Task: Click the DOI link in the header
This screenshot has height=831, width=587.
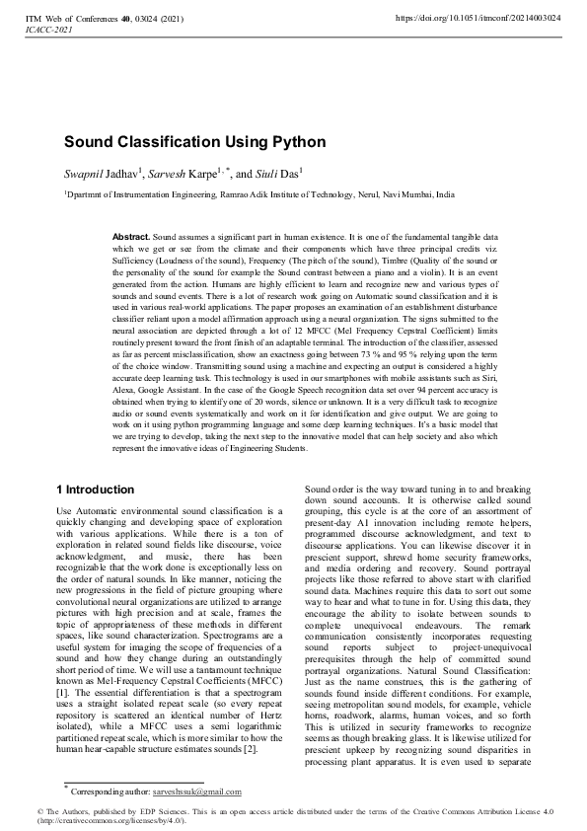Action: [477, 18]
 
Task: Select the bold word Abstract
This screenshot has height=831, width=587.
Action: [131, 239]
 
